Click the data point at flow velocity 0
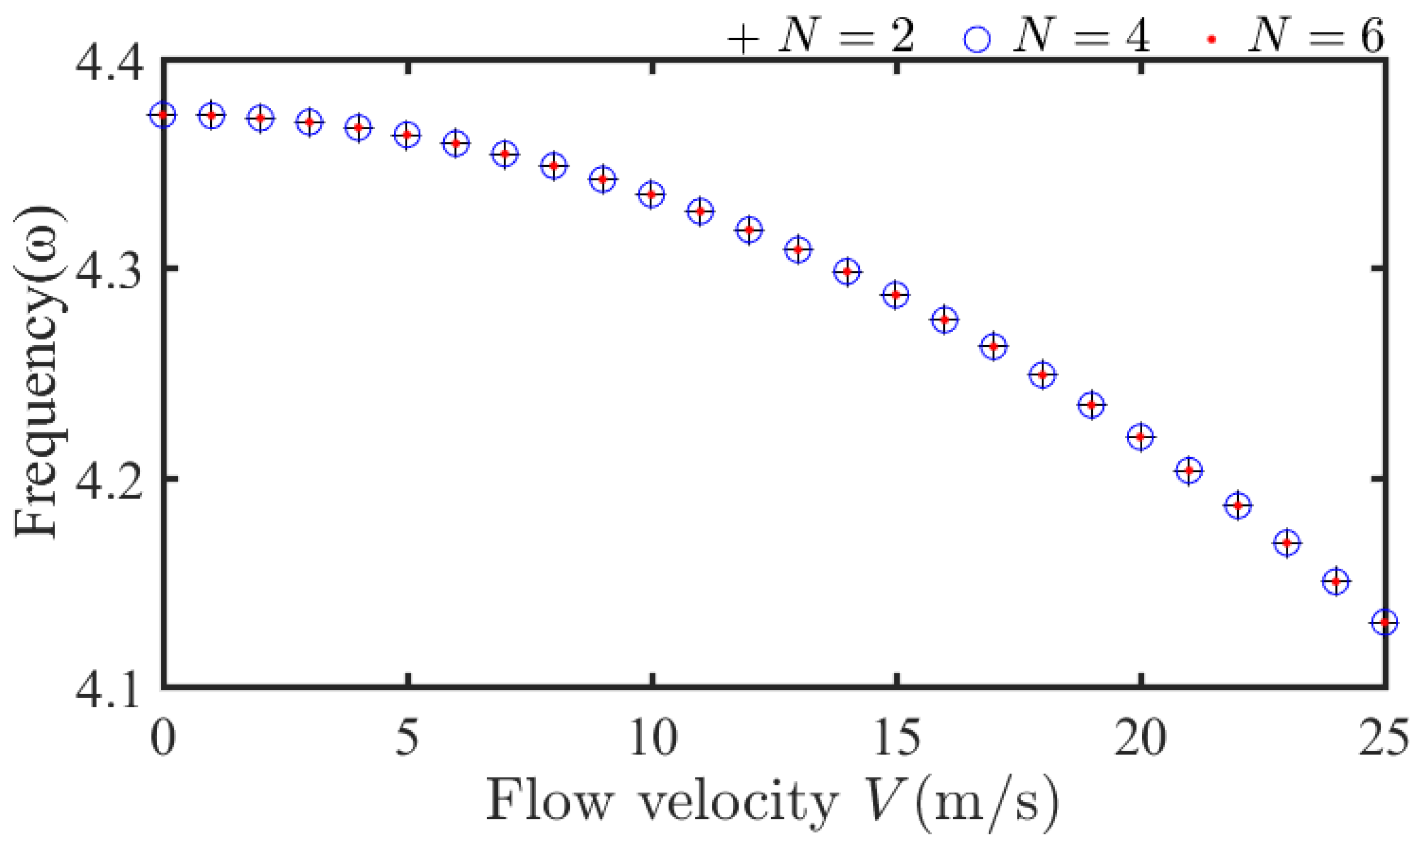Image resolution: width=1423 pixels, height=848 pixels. pos(163,115)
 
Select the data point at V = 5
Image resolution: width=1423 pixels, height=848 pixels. pos(407,135)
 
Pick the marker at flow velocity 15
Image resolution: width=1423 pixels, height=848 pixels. pos(896,295)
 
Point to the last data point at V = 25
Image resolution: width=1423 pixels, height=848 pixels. pos(1384,622)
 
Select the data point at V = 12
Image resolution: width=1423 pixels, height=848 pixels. pos(749,230)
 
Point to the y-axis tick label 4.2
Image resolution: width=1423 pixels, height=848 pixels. pos(108,486)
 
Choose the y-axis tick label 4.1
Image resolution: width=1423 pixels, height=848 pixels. pos(108,695)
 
